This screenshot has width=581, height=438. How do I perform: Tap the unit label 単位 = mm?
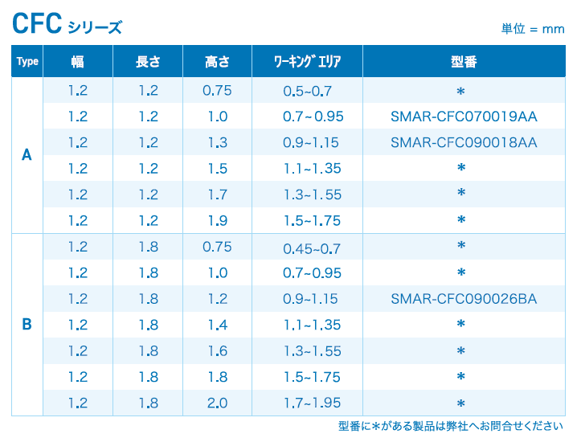(x=533, y=29)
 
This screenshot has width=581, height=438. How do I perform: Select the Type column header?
(x=27, y=62)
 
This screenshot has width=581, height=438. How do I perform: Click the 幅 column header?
(x=78, y=62)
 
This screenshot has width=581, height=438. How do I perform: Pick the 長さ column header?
(x=148, y=62)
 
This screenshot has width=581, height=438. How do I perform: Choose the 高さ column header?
(x=217, y=62)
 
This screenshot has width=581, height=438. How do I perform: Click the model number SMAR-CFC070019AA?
(x=464, y=117)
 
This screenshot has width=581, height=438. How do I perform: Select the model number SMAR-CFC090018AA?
(x=464, y=143)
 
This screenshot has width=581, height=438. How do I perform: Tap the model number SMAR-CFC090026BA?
(x=464, y=299)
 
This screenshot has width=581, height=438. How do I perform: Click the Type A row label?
(x=27, y=156)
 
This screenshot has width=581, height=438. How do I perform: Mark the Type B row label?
(x=27, y=325)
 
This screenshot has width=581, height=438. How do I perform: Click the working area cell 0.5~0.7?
(x=308, y=91)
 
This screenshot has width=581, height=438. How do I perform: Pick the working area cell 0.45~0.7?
(x=312, y=248)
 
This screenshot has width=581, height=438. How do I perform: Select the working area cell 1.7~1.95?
(x=312, y=403)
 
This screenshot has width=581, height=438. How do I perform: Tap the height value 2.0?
(x=218, y=403)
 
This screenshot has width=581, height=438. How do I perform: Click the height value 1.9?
(x=218, y=220)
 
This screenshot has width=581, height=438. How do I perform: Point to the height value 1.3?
(x=218, y=143)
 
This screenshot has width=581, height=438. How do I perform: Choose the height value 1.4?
(x=218, y=325)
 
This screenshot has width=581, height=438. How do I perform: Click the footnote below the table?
(x=451, y=427)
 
